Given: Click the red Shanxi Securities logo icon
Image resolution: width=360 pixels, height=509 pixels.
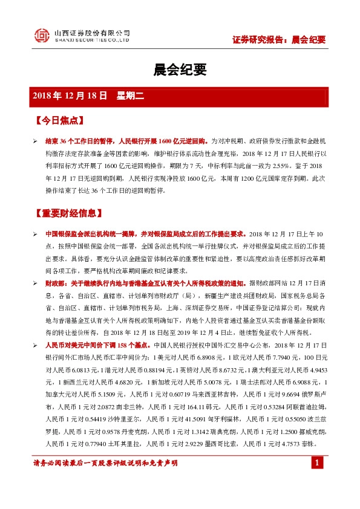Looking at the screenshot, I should (41, 36).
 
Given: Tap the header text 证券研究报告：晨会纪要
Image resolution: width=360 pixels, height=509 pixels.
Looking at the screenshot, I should (279, 40).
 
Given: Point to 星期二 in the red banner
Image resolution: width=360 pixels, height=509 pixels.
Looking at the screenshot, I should (128, 96).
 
